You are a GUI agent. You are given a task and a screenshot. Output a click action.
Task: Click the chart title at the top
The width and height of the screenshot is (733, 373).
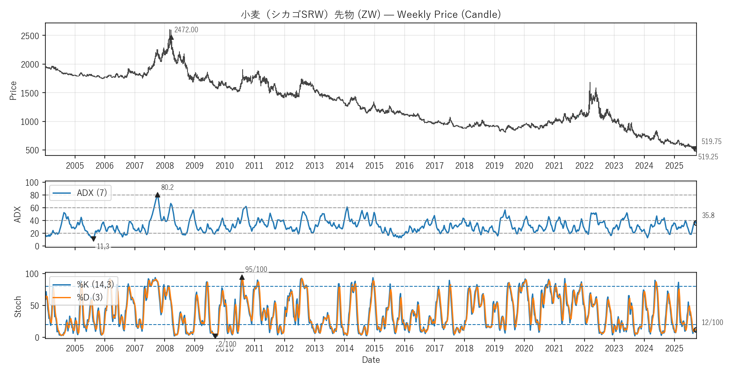click(x=371, y=14)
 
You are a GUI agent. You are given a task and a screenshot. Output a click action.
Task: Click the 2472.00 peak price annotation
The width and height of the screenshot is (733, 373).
click(x=186, y=30)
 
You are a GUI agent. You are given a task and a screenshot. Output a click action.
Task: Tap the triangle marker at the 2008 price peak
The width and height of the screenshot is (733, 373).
click(x=171, y=37)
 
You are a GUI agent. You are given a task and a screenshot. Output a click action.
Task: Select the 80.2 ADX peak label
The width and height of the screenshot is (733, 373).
click(x=167, y=187)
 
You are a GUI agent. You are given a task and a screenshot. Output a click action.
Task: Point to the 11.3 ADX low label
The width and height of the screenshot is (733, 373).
click(x=103, y=246)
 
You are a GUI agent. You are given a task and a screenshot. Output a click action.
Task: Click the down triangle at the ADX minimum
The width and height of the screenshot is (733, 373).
click(x=93, y=239)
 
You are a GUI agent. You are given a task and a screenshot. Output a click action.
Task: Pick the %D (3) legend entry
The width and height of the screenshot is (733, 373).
click(x=90, y=297)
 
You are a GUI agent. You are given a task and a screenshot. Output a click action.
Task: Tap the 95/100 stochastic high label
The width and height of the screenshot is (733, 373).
click(x=256, y=269)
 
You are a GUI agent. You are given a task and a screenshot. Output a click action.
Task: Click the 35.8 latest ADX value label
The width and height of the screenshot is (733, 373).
click(x=708, y=215)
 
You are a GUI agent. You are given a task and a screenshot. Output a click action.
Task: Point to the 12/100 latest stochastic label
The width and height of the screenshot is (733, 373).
click(x=712, y=322)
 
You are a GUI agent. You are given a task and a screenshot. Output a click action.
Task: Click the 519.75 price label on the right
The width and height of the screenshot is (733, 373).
click(x=711, y=141)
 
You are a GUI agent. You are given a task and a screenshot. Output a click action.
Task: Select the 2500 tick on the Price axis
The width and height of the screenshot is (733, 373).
click(x=30, y=36)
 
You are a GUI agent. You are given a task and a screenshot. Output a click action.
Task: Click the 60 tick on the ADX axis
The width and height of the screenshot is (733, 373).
click(x=34, y=208)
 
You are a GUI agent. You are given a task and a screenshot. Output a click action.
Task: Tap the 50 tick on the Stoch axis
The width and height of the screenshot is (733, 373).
click(x=34, y=305)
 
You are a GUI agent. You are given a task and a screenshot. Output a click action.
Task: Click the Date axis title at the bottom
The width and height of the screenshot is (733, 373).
click(x=371, y=360)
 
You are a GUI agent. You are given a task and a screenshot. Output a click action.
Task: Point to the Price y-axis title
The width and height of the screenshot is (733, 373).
click(x=13, y=90)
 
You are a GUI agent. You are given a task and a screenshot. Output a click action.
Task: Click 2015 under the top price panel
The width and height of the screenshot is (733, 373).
click(x=374, y=166)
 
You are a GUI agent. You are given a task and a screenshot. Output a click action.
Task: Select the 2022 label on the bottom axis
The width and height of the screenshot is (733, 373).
click(x=584, y=348)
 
